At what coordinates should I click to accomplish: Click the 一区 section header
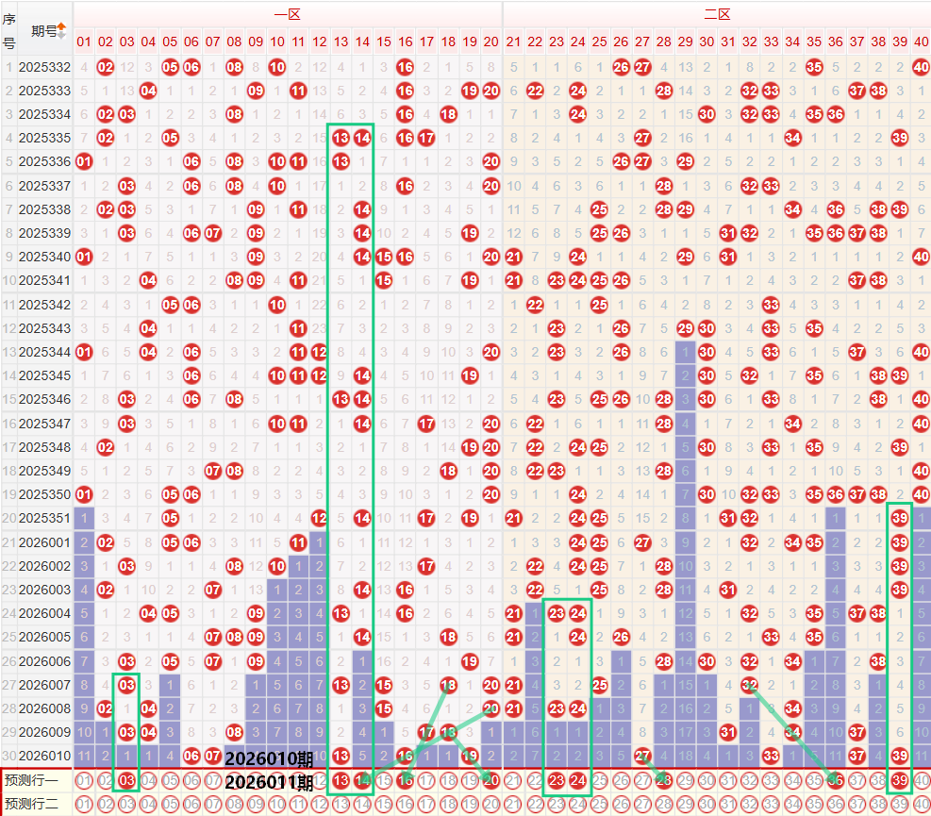[287, 14]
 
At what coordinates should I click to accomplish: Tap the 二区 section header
[716, 14]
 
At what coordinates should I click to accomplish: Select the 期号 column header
[43, 30]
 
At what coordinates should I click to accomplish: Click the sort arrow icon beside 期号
[62, 30]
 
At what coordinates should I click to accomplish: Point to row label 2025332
[44, 67]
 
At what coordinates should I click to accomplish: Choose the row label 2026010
[44, 755]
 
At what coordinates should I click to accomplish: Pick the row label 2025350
[44, 493]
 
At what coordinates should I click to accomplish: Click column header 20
[490, 42]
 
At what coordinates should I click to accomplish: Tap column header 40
[921, 42]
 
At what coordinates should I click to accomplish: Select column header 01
[84, 42]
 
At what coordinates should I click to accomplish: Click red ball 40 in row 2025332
[921, 67]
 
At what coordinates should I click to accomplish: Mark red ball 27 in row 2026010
[641, 755]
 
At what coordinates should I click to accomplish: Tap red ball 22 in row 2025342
[535, 304]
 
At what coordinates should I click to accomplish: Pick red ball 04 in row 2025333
[148, 91]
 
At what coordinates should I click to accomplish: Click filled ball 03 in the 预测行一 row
[126, 780]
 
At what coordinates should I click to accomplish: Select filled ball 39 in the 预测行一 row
[900, 780]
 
